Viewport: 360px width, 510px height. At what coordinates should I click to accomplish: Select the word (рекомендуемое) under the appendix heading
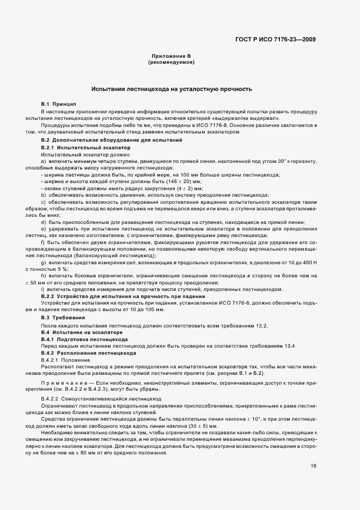tap(172, 63)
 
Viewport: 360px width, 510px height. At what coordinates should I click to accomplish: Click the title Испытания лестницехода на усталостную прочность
tap(172, 88)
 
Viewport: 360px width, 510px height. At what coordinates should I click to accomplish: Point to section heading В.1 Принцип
tap(59, 104)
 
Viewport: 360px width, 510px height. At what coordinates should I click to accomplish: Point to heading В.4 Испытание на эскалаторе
tap(82, 332)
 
